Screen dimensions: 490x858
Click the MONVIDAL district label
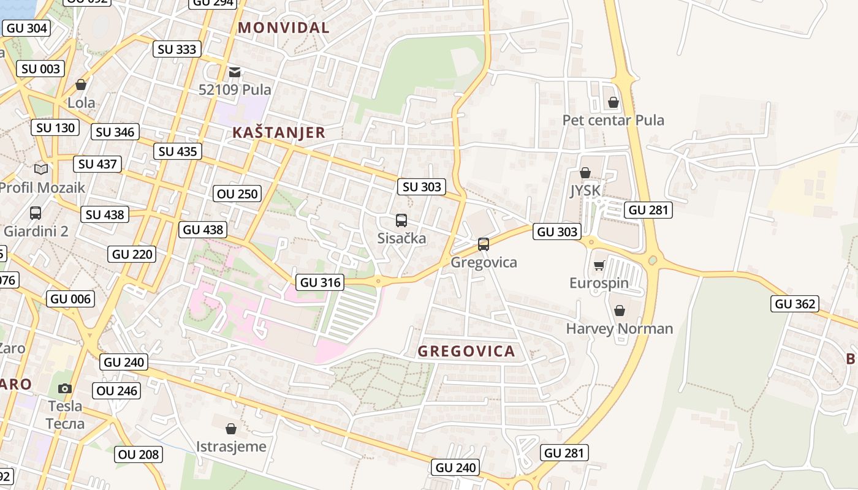click(x=284, y=28)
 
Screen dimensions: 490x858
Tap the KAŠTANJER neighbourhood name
click(x=279, y=133)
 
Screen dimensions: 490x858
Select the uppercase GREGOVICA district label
click(x=466, y=352)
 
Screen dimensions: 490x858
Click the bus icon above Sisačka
click(x=401, y=221)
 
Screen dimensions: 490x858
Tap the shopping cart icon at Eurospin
click(x=599, y=265)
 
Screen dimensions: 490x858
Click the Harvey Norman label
click(x=619, y=329)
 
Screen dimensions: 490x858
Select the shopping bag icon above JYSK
click(x=585, y=173)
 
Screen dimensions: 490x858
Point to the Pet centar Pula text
click(x=613, y=120)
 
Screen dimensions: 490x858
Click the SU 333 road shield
click(x=177, y=50)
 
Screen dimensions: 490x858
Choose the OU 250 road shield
click(x=238, y=194)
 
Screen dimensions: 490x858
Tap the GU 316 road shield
click(x=320, y=282)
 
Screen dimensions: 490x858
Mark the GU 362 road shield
click(x=795, y=304)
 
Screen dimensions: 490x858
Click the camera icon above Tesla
click(x=65, y=388)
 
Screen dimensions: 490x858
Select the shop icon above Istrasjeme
click(x=231, y=429)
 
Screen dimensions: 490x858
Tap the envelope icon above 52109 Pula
click(x=235, y=72)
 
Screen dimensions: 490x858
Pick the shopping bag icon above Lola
click(x=81, y=85)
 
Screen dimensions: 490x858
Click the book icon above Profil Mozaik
click(x=41, y=169)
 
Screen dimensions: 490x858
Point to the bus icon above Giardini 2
click(x=36, y=213)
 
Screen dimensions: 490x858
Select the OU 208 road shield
click(x=139, y=454)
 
